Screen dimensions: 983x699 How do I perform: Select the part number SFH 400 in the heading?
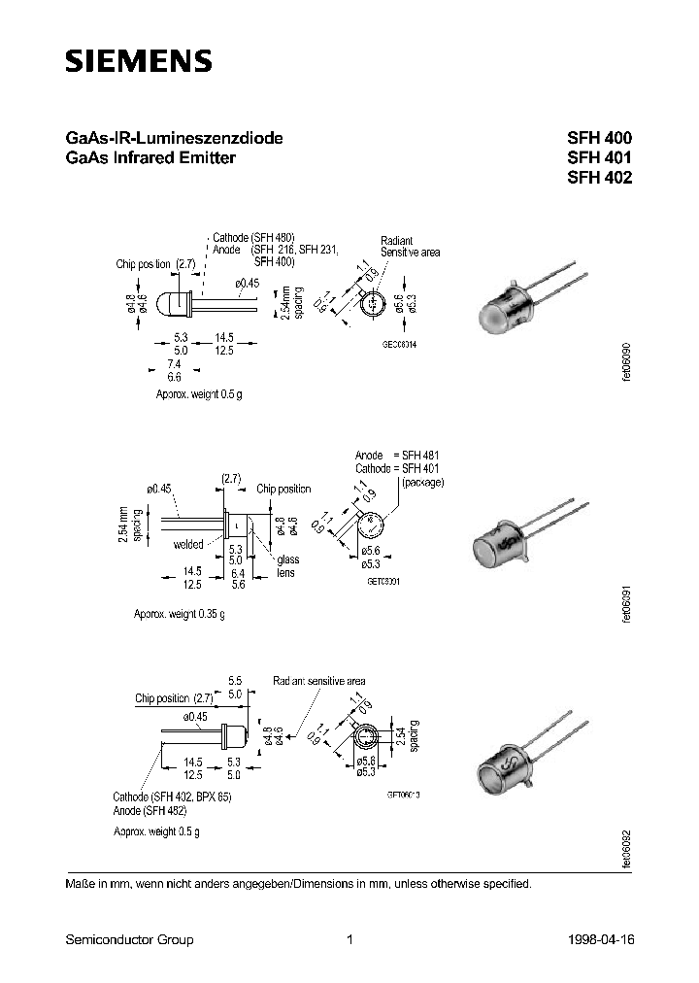pyautogui.click(x=599, y=139)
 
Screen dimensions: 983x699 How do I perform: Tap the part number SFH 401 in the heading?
pyautogui.click(x=599, y=158)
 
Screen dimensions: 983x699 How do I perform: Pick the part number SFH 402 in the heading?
pyautogui.click(x=599, y=178)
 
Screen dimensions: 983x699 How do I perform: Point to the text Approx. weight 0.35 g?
pyautogui.click(x=180, y=615)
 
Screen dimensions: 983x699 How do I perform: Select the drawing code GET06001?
pyautogui.click(x=383, y=580)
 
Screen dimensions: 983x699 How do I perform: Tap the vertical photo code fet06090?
pyautogui.click(x=627, y=364)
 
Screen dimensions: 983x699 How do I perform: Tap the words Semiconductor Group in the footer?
pyautogui.click(x=129, y=939)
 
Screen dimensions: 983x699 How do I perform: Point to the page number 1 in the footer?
pyautogui.click(x=349, y=939)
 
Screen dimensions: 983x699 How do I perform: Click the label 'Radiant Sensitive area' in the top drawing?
pyautogui.click(x=410, y=246)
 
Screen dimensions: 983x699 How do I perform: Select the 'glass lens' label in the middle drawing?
pyautogui.click(x=288, y=566)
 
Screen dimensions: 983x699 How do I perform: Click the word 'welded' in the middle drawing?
pyautogui.click(x=188, y=545)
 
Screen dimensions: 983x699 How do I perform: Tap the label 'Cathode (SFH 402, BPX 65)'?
pyautogui.click(x=172, y=797)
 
